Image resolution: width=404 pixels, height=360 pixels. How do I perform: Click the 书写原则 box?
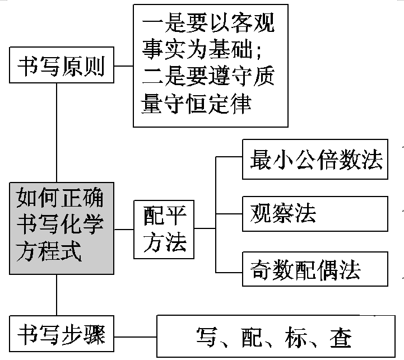pyautogui.click(x=62, y=66)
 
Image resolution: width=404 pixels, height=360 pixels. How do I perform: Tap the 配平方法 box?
pyautogui.click(x=164, y=229)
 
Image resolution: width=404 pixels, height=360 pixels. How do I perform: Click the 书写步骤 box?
pyautogui.click(x=62, y=334)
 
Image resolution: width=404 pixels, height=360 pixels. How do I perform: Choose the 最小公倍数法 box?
pyautogui.click(x=315, y=160)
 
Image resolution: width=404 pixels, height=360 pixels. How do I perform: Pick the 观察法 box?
pyautogui.click(x=315, y=213)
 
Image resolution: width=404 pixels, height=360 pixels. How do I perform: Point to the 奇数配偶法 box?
pyautogui.click(x=315, y=270)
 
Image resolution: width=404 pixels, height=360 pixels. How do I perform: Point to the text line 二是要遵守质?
pyautogui.click(x=208, y=77)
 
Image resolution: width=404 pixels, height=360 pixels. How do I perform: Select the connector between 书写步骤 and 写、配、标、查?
pyautogui.click(x=135, y=337)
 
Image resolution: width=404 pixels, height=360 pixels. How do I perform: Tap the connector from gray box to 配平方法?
pyautogui.click(x=123, y=229)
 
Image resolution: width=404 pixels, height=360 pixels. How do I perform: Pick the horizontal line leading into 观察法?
pyautogui.click(x=229, y=213)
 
